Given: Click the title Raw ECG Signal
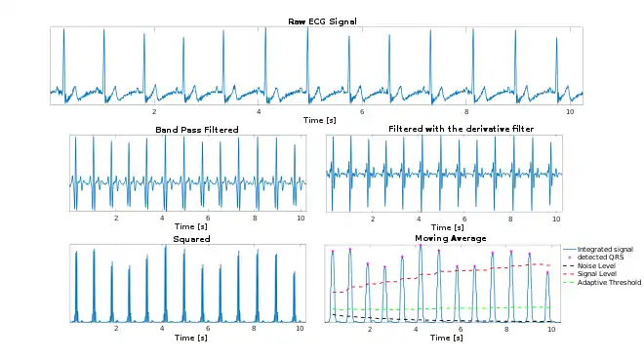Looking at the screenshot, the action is [322, 21].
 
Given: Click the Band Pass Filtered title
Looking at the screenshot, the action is [197, 130].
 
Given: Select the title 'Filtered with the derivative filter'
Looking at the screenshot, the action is [461, 129].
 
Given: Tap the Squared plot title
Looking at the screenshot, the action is [191, 239].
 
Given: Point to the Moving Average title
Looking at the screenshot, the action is [451, 238].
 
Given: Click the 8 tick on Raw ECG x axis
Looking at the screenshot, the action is [466, 111].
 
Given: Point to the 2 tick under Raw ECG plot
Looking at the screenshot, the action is [154, 111].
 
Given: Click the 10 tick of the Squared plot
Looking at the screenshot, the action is [300, 329].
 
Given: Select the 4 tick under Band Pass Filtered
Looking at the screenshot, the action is [162, 218].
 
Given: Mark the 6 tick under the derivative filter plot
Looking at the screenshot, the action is [464, 219].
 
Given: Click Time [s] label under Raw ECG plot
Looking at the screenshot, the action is [319, 120].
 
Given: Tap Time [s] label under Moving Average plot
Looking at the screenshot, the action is [447, 338].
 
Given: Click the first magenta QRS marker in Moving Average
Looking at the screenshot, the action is [333, 252].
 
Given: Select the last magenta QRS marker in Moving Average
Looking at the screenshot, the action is [547, 272].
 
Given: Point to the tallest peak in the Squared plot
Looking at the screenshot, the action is [166, 246].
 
